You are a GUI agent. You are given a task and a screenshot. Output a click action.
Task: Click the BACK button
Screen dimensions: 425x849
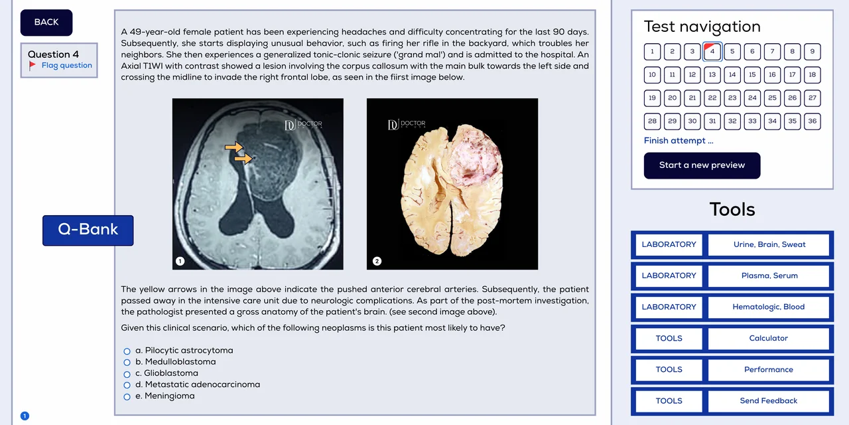[x=46, y=23]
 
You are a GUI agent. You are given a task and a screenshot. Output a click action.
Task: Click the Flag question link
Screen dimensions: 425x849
[x=66, y=66]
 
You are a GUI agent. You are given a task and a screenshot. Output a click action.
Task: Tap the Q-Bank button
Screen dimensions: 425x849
[x=88, y=230]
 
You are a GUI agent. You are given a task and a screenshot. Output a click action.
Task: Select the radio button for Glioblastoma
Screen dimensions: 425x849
[x=127, y=374]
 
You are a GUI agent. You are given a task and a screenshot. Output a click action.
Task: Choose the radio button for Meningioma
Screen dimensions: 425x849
[x=127, y=396]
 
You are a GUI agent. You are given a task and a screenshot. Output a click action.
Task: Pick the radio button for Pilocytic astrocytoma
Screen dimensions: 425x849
[x=127, y=351]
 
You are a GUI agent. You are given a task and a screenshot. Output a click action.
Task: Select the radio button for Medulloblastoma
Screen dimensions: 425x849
[x=127, y=363]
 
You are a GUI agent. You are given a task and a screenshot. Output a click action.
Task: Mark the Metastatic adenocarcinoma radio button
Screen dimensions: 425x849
[x=127, y=385]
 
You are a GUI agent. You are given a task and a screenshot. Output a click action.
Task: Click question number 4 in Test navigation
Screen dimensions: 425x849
[x=712, y=52]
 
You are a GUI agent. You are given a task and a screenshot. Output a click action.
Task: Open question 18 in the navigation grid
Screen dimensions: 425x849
[x=812, y=75]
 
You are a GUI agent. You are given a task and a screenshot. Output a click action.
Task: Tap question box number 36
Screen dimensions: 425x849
[x=812, y=122]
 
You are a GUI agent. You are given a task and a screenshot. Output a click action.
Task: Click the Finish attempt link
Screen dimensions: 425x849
[x=679, y=141]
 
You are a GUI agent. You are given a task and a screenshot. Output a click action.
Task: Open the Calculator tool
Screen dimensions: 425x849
[x=768, y=339]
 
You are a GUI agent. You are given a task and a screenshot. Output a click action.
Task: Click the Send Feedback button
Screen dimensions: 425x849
[x=768, y=401]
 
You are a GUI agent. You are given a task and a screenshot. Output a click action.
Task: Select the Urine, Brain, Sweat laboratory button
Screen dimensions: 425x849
[x=769, y=245]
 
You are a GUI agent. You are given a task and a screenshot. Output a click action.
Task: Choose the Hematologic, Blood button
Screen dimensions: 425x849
[x=768, y=307]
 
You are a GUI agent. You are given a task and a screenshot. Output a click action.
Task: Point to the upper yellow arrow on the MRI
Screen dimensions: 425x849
[x=233, y=147]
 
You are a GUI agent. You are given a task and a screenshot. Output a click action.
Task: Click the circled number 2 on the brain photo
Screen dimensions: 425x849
[x=377, y=261]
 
